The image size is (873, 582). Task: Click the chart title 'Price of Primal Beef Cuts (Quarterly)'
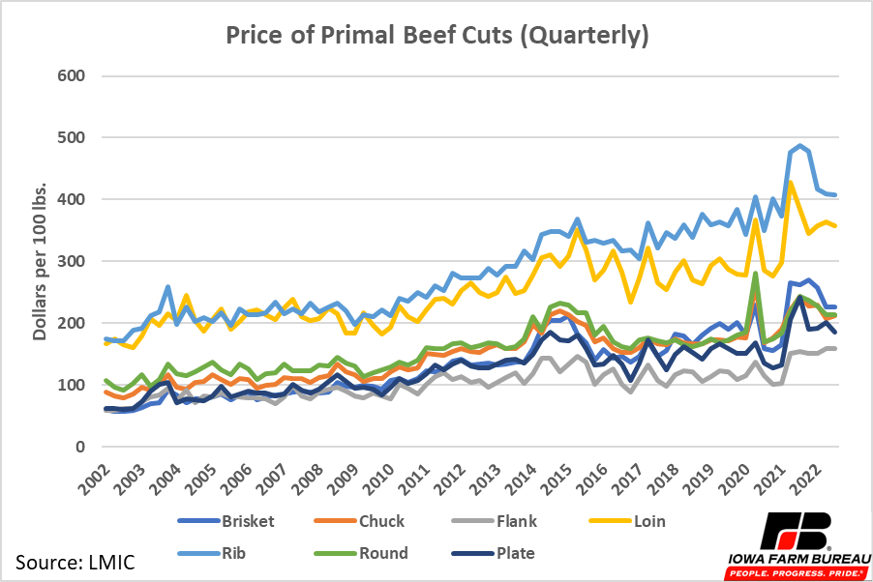(x=436, y=36)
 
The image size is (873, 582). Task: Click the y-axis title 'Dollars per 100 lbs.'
(x=42, y=261)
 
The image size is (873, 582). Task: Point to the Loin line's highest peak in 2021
(x=791, y=182)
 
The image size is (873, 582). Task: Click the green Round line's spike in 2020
(x=755, y=274)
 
